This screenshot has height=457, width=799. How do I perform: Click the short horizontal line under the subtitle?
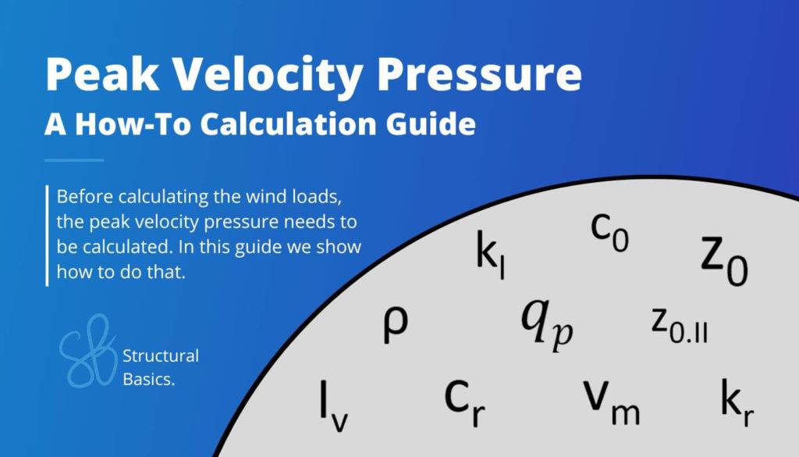point(74,160)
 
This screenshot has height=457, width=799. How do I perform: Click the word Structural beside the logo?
point(161,356)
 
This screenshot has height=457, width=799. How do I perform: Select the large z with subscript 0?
point(723,259)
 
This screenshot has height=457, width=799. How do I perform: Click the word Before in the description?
point(85,195)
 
